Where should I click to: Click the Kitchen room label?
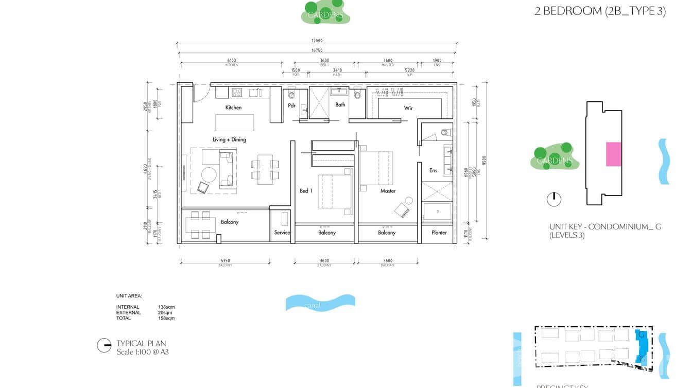pos(233,108)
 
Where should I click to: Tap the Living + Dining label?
pos(229,139)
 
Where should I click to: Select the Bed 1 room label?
pos(306,191)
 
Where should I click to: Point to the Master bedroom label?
pos(388,191)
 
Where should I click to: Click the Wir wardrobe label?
pos(408,109)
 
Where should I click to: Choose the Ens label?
pos(433,170)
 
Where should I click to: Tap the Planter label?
pos(439,233)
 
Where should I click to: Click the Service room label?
pos(282,233)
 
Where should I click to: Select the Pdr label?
pos(291,106)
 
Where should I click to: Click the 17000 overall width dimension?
pos(317,41)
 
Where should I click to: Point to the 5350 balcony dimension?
pos(226,261)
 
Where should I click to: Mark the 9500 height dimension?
pos(484,160)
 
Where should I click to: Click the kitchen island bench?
pos(235,122)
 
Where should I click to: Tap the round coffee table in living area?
pos(209,174)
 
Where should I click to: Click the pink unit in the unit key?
pos(613,154)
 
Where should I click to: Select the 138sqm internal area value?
pos(166,307)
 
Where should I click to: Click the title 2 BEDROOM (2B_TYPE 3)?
pos(600,11)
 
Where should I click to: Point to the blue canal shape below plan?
pos(320,303)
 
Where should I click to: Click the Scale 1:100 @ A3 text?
pos(143,352)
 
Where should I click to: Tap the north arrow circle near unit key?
pos(554,199)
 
